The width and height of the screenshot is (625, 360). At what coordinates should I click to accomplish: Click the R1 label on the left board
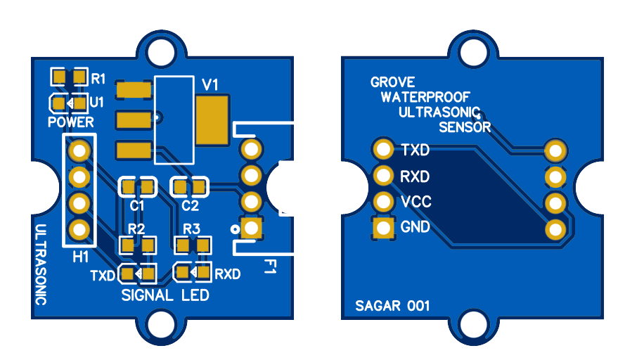(x=98, y=77)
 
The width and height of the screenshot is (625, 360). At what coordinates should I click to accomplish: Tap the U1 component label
(x=97, y=102)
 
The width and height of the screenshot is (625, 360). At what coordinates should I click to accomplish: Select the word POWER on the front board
(x=71, y=122)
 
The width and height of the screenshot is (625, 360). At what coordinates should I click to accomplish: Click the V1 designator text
(x=210, y=84)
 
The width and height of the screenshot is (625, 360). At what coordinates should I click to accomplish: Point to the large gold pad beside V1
(x=212, y=120)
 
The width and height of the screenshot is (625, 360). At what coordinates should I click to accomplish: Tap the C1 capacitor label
(x=137, y=206)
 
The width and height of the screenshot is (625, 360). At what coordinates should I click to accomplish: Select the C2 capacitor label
(x=190, y=206)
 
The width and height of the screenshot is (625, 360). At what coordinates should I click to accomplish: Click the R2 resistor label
(x=136, y=229)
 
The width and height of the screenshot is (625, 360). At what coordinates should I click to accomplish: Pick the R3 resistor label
(x=191, y=229)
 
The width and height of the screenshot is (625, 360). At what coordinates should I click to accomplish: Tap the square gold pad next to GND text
(x=383, y=228)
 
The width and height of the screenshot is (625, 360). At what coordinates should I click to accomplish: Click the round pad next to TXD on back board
(x=383, y=149)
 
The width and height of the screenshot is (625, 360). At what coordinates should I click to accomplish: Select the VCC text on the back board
(x=415, y=202)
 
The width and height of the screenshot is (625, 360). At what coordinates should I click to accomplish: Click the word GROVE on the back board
(x=392, y=82)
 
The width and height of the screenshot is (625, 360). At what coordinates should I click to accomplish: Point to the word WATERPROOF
(x=425, y=97)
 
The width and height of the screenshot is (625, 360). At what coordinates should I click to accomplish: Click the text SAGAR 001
(x=392, y=306)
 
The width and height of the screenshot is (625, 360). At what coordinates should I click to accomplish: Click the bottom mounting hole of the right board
(x=473, y=323)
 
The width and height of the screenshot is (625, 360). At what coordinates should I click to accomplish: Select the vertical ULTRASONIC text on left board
(x=41, y=264)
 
